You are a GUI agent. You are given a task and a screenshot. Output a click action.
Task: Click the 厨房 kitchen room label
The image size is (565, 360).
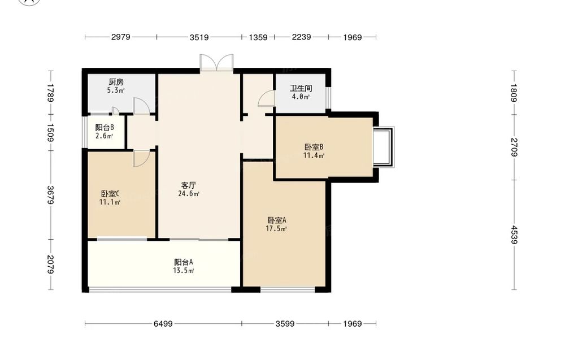coord(116,82)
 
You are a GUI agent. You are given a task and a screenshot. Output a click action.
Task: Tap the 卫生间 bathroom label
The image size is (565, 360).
coord(301,88)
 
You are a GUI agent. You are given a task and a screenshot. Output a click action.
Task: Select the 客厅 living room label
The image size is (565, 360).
coord(189,185)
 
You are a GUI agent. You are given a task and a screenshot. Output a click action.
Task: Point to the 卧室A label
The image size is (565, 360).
coord(277,220)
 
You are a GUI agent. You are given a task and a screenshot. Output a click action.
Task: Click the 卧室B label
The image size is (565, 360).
coord(314,147)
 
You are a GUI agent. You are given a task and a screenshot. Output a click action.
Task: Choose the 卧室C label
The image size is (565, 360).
coord(110,194)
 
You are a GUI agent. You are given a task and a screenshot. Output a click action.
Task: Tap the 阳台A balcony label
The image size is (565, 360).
coord(184,262)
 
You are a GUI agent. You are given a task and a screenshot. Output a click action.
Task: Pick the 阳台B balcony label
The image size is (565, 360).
coord(105,128)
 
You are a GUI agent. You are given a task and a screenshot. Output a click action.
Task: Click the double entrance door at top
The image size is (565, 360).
coord(216,63)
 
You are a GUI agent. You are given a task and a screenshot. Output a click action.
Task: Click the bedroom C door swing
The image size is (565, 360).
coord(141,159)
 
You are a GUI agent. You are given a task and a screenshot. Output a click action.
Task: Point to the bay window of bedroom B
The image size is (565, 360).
coord(384,147)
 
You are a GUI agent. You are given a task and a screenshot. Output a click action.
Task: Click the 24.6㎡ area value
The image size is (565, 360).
coord(189,194)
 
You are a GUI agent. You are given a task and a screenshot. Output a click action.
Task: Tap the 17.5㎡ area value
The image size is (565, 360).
coord(276,229)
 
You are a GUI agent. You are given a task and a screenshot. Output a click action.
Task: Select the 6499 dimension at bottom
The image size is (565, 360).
coord(163,324)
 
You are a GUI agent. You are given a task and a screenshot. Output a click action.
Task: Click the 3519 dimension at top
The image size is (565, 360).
coord(199,37)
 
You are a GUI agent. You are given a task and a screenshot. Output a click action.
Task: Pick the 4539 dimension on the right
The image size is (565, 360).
coord(514,235)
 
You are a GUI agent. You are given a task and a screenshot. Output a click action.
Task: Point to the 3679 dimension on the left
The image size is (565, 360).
coord(50,195)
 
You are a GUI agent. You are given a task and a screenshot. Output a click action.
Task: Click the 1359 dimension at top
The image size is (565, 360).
coord(258,37)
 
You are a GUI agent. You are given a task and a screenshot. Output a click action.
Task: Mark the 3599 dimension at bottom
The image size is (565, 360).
coord(285,324)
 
